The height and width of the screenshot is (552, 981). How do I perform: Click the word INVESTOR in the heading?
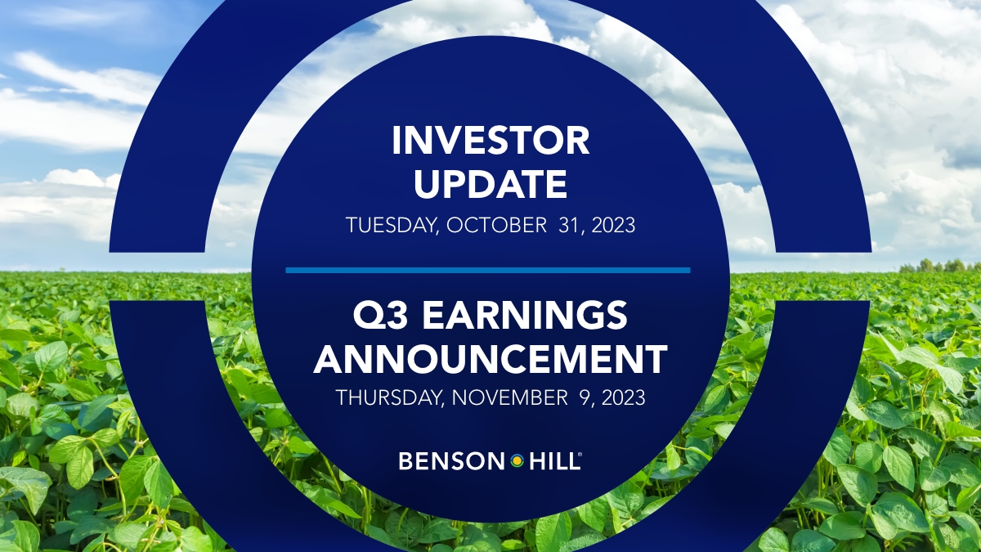[x=490, y=140]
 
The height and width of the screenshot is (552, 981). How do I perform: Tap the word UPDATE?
[x=490, y=184]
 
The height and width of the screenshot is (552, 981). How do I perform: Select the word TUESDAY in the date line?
[x=391, y=225]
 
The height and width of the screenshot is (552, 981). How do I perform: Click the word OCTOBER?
[x=496, y=225]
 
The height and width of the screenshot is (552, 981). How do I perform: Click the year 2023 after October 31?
[x=613, y=225]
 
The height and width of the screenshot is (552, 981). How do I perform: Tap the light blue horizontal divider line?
[x=488, y=271]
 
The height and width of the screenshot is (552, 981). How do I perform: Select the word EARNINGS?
[x=525, y=316]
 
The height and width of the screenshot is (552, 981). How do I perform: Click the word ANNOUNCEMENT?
[x=490, y=359]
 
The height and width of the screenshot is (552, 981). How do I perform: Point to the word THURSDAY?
[x=387, y=397]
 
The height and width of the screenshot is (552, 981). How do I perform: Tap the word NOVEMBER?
[x=510, y=397]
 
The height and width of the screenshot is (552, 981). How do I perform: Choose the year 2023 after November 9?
[x=624, y=397]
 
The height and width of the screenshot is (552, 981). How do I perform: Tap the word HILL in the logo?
[x=553, y=461]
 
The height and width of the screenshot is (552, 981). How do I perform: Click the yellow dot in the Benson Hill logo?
[x=517, y=461]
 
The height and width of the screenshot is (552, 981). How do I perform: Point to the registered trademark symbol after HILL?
[x=580, y=456]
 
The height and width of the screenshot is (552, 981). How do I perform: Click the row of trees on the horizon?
[x=939, y=266]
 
